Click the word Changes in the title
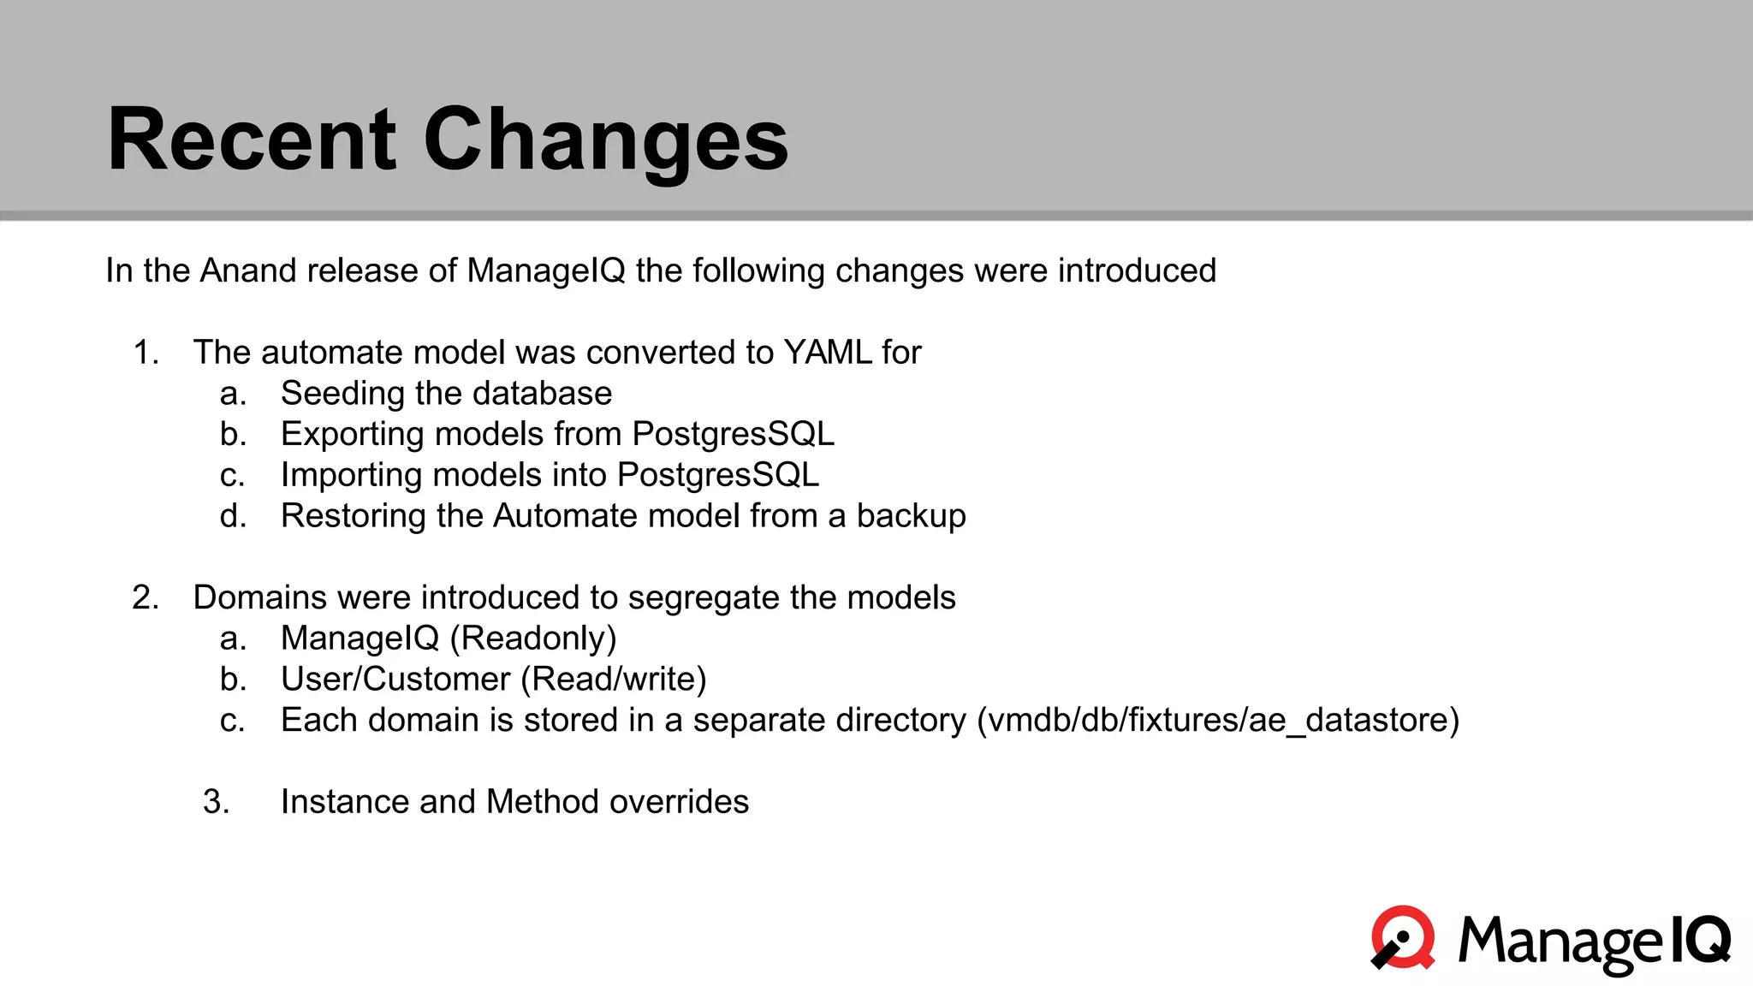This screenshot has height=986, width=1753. (x=605, y=140)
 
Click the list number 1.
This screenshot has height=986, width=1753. (x=146, y=353)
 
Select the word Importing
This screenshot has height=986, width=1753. (x=351, y=475)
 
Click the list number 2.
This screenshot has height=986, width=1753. (x=146, y=597)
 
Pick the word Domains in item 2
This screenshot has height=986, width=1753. (x=259, y=597)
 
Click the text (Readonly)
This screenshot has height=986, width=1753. (x=533, y=639)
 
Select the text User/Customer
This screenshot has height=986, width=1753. (x=395, y=680)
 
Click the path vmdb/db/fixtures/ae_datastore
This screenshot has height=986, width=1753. (x=1217, y=721)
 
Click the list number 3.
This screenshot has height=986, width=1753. (x=216, y=802)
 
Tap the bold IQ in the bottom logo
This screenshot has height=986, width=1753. (x=1700, y=939)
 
